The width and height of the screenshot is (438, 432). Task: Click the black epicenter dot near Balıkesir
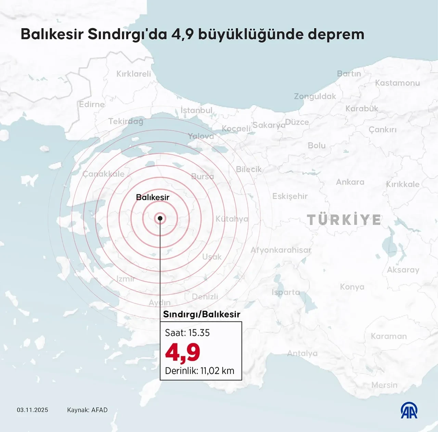160,218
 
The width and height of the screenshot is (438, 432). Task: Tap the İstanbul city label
196,110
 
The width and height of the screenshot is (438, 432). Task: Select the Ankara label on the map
350,182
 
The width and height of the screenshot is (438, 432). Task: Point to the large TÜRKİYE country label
344,220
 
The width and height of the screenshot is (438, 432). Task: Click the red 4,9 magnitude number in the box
182,352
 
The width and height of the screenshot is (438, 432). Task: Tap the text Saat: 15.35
187,333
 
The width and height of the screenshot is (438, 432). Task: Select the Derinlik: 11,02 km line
199,371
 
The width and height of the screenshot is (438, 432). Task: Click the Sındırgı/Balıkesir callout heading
202,314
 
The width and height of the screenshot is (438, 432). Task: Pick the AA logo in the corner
409,410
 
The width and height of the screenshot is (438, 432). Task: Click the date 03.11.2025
33,410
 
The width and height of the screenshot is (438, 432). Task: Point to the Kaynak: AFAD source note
87,410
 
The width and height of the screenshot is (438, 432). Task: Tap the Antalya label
302,353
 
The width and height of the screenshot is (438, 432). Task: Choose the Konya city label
352,287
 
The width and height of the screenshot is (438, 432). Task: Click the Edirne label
92,104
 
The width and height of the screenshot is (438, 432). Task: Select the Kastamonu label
397,83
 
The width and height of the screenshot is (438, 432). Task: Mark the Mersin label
384,385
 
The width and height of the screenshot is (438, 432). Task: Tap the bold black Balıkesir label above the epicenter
153,197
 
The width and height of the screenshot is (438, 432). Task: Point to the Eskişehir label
290,196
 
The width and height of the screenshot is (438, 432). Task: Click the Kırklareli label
133,74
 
